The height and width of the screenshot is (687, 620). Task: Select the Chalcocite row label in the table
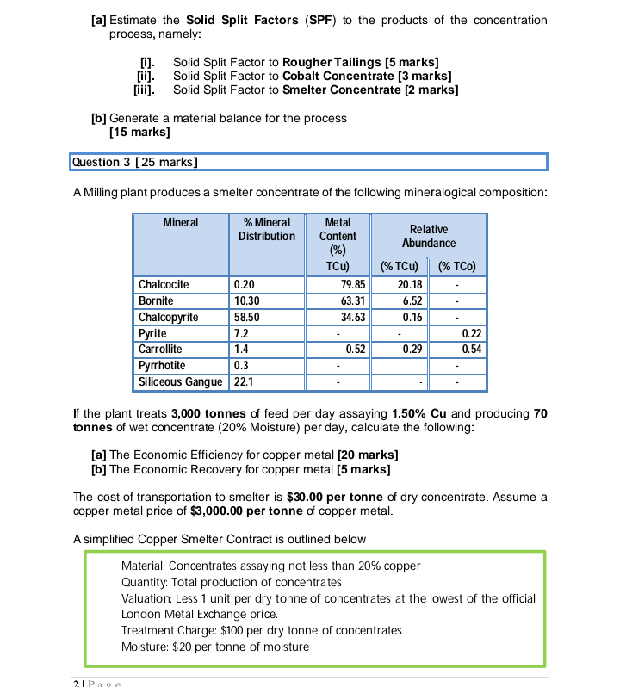click(x=164, y=285)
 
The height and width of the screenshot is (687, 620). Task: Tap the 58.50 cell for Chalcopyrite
click(x=246, y=318)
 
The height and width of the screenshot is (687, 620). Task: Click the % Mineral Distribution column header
click(x=266, y=229)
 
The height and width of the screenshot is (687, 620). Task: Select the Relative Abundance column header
click(x=428, y=236)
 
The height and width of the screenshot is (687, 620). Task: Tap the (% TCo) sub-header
click(x=457, y=267)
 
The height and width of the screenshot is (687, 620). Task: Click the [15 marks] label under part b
click(x=139, y=133)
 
